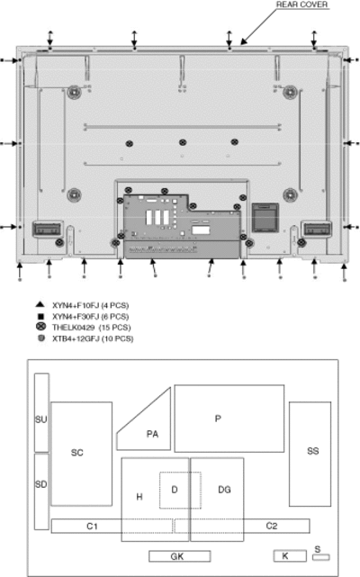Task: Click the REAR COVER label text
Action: coord(301,5)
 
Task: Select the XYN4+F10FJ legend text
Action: coord(76,305)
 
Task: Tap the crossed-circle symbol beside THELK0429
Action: coord(40,327)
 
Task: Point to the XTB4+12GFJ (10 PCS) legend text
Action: coord(93,338)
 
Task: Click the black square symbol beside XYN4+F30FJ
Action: coord(40,316)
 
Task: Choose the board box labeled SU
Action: coord(41,412)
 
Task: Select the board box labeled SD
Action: coord(41,491)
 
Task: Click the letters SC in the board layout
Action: coord(76,453)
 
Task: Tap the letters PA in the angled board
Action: coord(152,434)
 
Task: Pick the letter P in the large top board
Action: coord(218,419)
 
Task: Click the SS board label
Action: coord(313,451)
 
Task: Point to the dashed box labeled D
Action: coord(180,491)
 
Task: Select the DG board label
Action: coord(224,490)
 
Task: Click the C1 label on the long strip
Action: coord(92,527)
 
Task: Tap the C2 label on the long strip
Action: coord(272,526)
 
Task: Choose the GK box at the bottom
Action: coord(180,556)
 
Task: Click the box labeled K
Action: coord(290,555)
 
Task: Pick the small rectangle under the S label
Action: coord(321,557)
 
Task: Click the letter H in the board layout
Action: coord(139,497)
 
